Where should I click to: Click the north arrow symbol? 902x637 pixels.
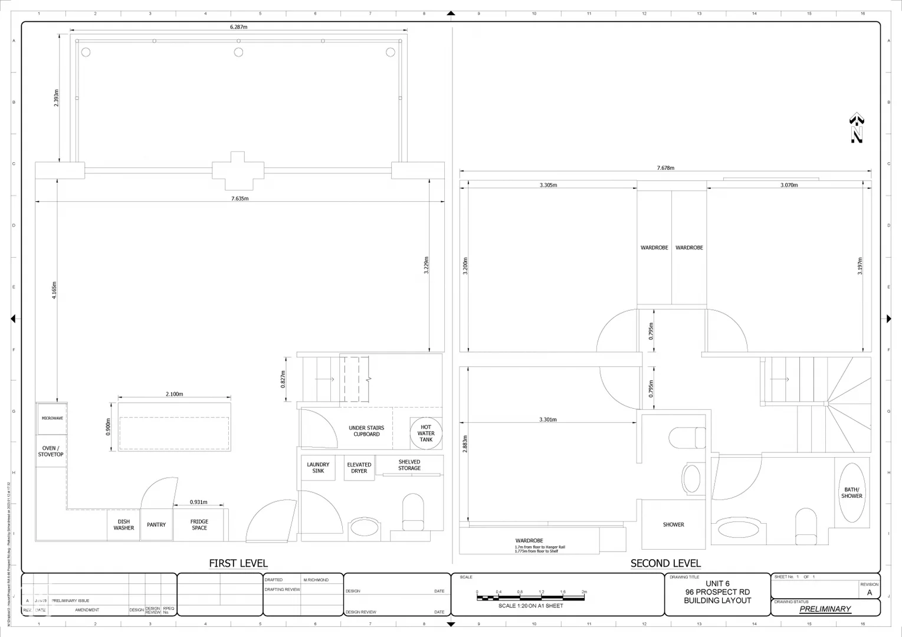[857, 128]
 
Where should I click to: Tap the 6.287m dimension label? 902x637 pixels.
[238, 27]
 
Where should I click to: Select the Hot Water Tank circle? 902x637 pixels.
[426, 434]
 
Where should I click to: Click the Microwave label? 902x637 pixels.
[52, 418]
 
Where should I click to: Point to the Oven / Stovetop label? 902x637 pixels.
[51, 451]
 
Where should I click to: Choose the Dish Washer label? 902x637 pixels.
[124, 525]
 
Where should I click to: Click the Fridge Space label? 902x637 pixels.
[199, 525]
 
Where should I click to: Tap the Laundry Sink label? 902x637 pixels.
[318, 468]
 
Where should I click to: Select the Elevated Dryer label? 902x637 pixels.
[359, 468]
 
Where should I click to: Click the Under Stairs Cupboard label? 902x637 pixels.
[366, 431]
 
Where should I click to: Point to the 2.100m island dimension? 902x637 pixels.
[174, 394]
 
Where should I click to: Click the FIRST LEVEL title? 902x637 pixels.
[238, 563]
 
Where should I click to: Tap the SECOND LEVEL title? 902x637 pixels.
[665, 563]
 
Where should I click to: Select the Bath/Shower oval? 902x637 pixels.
[852, 492]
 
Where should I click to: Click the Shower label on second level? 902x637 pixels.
[673, 524]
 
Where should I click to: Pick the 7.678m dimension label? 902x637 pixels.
[665, 168]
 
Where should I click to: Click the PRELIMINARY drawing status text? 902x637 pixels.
[825, 609]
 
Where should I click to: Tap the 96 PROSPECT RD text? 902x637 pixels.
[717, 592]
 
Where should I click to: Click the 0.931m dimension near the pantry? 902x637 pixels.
[199, 502]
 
